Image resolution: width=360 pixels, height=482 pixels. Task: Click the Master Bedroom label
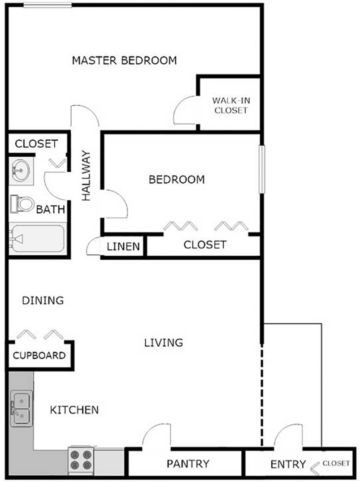(124, 60)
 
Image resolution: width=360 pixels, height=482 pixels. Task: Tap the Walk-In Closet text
(231, 105)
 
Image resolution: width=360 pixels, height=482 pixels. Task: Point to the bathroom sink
(20, 171)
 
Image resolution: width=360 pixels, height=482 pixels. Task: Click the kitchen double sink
(21, 408)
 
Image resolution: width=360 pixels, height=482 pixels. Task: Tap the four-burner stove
(81, 460)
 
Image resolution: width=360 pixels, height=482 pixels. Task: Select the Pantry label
(188, 464)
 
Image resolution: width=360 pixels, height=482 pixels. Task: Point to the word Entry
(288, 465)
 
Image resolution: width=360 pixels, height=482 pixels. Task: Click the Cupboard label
(39, 356)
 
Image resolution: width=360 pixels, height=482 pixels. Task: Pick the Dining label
(43, 300)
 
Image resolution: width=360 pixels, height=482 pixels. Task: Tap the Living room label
(163, 343)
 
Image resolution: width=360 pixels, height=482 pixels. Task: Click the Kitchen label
(74, 409)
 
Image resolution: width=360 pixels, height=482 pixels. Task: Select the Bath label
(51, 209)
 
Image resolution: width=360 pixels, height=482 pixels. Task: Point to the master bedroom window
(48, 5)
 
